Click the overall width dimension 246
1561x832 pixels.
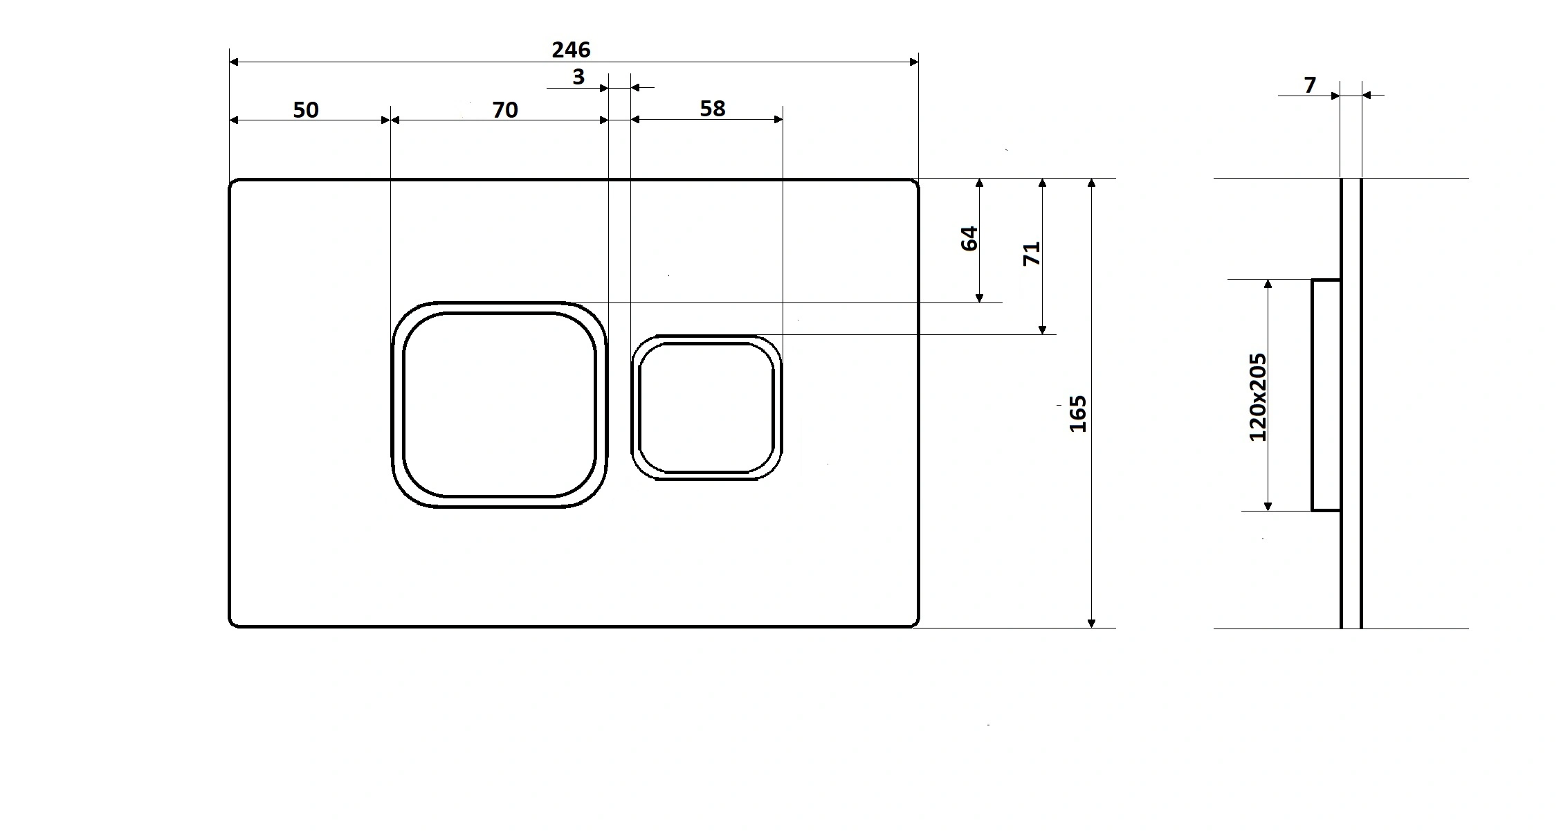(571, 50)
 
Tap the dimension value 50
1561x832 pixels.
(306, 110)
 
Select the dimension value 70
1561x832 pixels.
(505, 110)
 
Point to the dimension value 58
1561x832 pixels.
(713, 109)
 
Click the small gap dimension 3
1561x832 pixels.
(578, 77)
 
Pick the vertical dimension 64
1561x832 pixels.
(969, 238)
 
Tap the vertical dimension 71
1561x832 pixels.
(1032, 253)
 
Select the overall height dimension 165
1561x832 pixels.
(1078, 414)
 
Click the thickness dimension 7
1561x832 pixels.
(1310, 85)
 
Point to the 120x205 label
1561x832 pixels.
(1257, 397)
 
